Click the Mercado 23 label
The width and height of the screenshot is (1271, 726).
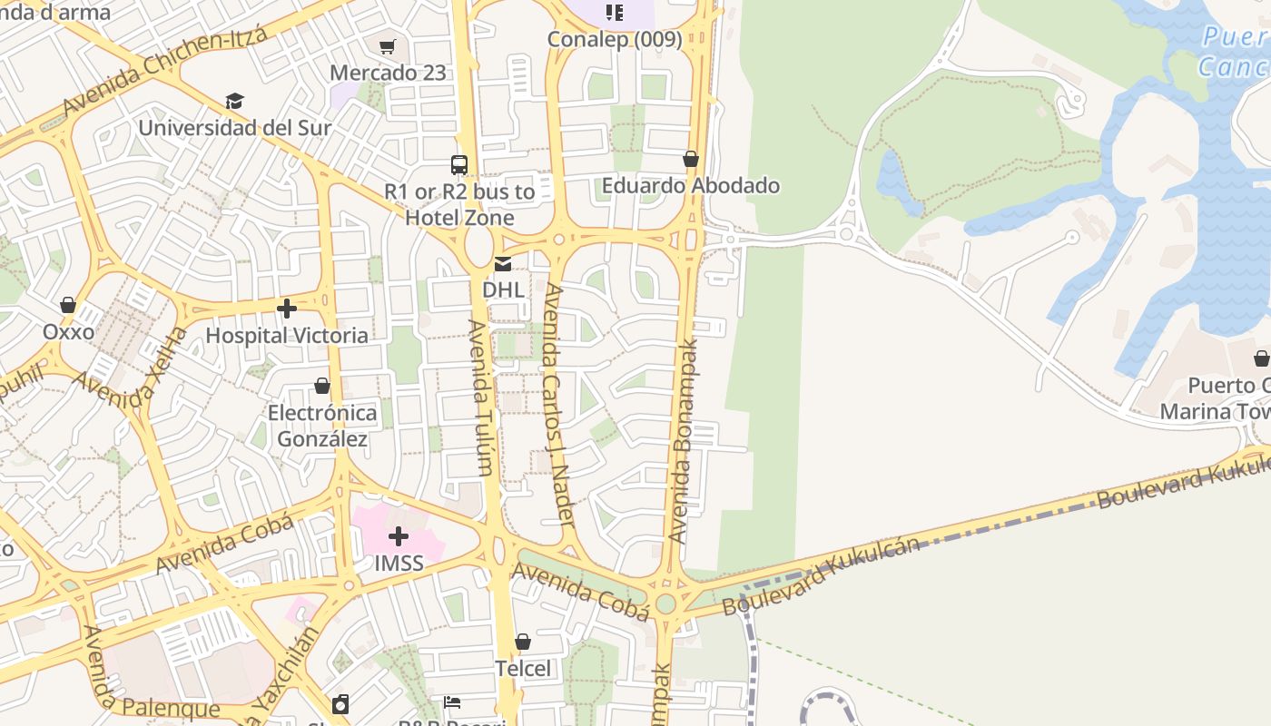click(x=388, y=73)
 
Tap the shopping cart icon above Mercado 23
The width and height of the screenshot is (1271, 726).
click(x=388, y=46)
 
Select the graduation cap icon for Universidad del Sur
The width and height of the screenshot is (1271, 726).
click(x=235, y=101)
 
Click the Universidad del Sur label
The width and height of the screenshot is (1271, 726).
click(x=235, y=127)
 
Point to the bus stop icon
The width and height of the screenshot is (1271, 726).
click(x=459, y=165)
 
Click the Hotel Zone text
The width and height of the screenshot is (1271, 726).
click(x=459, y=218)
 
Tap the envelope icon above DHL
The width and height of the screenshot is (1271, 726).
click(x=503, y=264)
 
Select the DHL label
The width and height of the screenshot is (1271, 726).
click(x=503, y=289)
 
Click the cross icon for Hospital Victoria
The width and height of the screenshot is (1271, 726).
click(x=287, y=309)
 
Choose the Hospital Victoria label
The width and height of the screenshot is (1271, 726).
click(x=287, y=335)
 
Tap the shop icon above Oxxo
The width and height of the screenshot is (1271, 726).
click(x=68, y=305)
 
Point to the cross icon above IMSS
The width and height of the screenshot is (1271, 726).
click(x=399, y=536)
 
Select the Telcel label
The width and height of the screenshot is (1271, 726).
click(x=523, y=669)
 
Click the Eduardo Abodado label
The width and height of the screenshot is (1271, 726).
click(x=691, y=185)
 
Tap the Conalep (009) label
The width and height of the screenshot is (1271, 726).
click(x=615, y=39)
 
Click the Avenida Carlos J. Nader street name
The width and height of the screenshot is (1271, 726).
click(x=558, y=405)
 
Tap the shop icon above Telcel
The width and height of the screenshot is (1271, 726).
click(x=523, y=643)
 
